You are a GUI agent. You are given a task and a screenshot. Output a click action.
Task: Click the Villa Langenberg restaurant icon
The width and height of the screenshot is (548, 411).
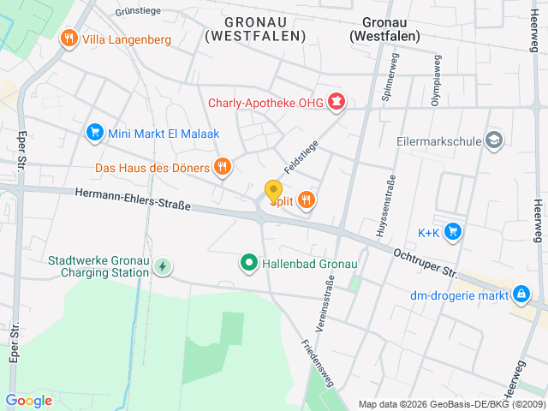pyautogui.click(x=68, y=39)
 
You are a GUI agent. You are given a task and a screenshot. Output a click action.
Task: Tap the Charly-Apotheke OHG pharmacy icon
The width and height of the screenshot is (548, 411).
pyautogui.click(x=337, y=104)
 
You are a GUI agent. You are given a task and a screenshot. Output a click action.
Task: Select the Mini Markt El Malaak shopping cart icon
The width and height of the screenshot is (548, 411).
pyautogui.click(x=94, y=132)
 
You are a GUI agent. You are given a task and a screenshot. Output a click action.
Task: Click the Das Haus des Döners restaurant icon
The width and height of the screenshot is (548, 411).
pyautogui.click(x=223, y=167)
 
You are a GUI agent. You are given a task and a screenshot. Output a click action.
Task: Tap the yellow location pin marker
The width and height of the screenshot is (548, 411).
pyautogui.click(x=273, y=192)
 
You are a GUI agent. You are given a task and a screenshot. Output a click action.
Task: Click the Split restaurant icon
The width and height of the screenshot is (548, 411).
pyautogui.click(x=306, y=200)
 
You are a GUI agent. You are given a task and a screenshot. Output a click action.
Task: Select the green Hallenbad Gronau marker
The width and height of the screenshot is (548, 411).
pyautogui.click(x=249, y=263)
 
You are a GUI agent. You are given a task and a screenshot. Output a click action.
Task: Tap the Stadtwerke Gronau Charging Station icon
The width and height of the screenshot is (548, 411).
pyautogui.click(x=162, y=266)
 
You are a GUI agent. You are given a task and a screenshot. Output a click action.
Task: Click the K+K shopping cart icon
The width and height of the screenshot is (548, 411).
pyautogui.click(x=454, y=232)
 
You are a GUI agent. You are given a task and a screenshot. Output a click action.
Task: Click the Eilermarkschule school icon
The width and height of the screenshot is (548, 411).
pyautogui.click(x=494, y=140)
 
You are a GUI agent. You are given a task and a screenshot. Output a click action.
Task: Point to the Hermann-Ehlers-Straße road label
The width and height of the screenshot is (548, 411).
pyautogui.click(x=132, y=200)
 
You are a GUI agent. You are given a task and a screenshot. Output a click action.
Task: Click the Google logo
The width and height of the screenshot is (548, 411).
pyautogui.click(x=28, y=400)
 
